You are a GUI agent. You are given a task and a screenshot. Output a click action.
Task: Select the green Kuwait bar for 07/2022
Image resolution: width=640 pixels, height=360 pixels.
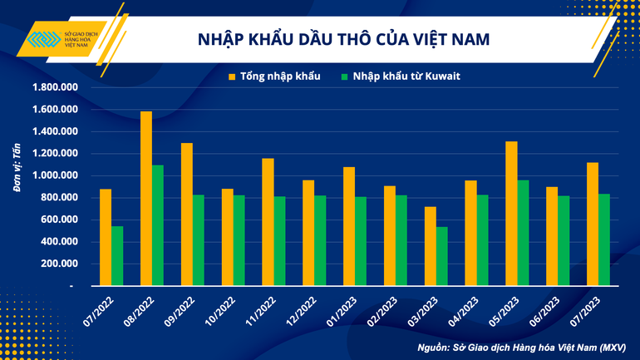tap(117, 255)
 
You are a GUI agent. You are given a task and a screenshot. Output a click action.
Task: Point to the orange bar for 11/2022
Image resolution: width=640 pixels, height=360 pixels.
tap(268, 221)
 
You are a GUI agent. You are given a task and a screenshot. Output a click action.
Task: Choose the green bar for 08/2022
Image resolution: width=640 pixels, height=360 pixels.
tap(158, 224)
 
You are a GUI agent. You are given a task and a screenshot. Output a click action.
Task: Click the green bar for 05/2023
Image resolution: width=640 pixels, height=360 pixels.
tap(524, 232)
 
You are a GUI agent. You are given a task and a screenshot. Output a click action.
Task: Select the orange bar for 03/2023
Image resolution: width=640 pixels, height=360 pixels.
tap(430, 245)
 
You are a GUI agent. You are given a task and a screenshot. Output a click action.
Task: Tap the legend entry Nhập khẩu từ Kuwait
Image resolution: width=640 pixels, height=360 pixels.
tap(399, 77)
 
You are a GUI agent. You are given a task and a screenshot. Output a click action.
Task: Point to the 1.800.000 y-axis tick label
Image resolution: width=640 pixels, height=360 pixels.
tap(54, 87)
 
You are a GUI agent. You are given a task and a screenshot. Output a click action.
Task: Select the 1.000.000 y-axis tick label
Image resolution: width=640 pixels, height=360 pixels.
tap(54, 175)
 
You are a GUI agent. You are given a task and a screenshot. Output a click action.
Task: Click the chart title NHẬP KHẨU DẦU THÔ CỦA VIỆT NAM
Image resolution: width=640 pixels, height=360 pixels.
tap(342, 39)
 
